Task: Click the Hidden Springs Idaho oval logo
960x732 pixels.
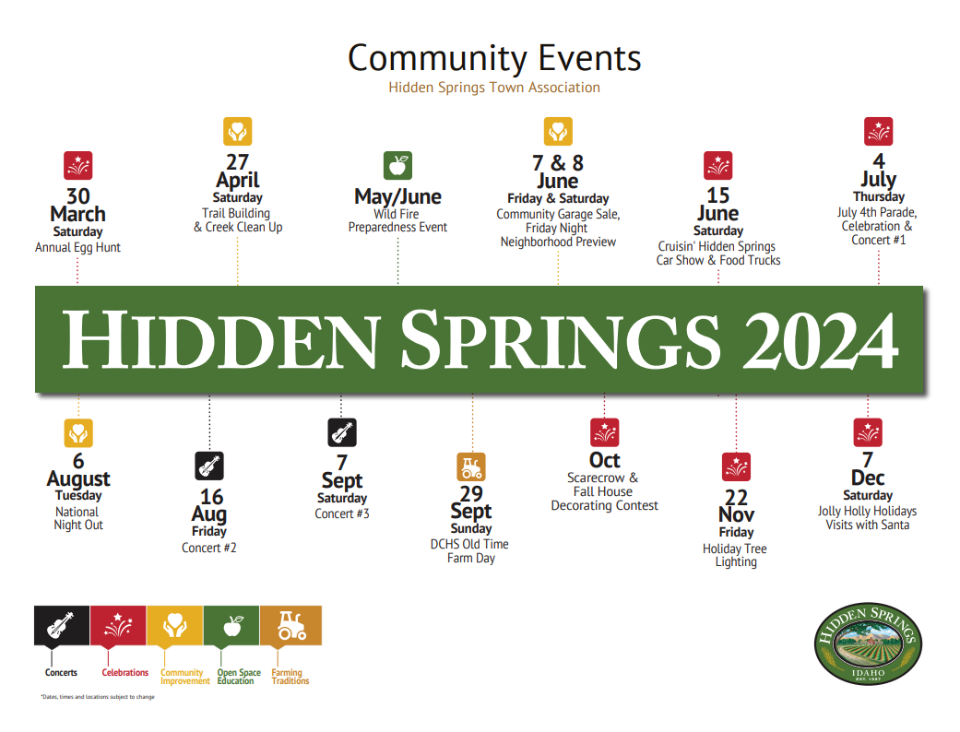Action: pos(868,643)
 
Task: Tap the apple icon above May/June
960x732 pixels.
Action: pos(398,165)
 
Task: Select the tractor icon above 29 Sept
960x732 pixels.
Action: pos(471,467)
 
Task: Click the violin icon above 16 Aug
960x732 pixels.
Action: pos(209,466)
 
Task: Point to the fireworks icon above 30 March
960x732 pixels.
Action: pos(77,165)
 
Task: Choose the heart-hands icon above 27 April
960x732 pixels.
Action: pos(238,131)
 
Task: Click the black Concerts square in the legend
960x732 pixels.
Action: pos(62,625)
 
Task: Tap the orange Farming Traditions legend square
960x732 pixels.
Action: pos(290,625)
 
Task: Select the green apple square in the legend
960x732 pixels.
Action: pos(231,625)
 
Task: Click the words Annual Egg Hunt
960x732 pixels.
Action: pos(77,247)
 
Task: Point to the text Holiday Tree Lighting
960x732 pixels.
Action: pos(735,555)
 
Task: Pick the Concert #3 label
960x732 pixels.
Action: pos(342,514)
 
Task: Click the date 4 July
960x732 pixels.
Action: pos(879,170)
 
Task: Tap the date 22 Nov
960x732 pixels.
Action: pos(737,505)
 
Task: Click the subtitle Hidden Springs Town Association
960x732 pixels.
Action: pos(494,88)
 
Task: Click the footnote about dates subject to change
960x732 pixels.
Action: pos(98,696)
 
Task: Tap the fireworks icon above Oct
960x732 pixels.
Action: pos(604,432)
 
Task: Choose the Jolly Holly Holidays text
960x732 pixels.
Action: pos(867,511)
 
